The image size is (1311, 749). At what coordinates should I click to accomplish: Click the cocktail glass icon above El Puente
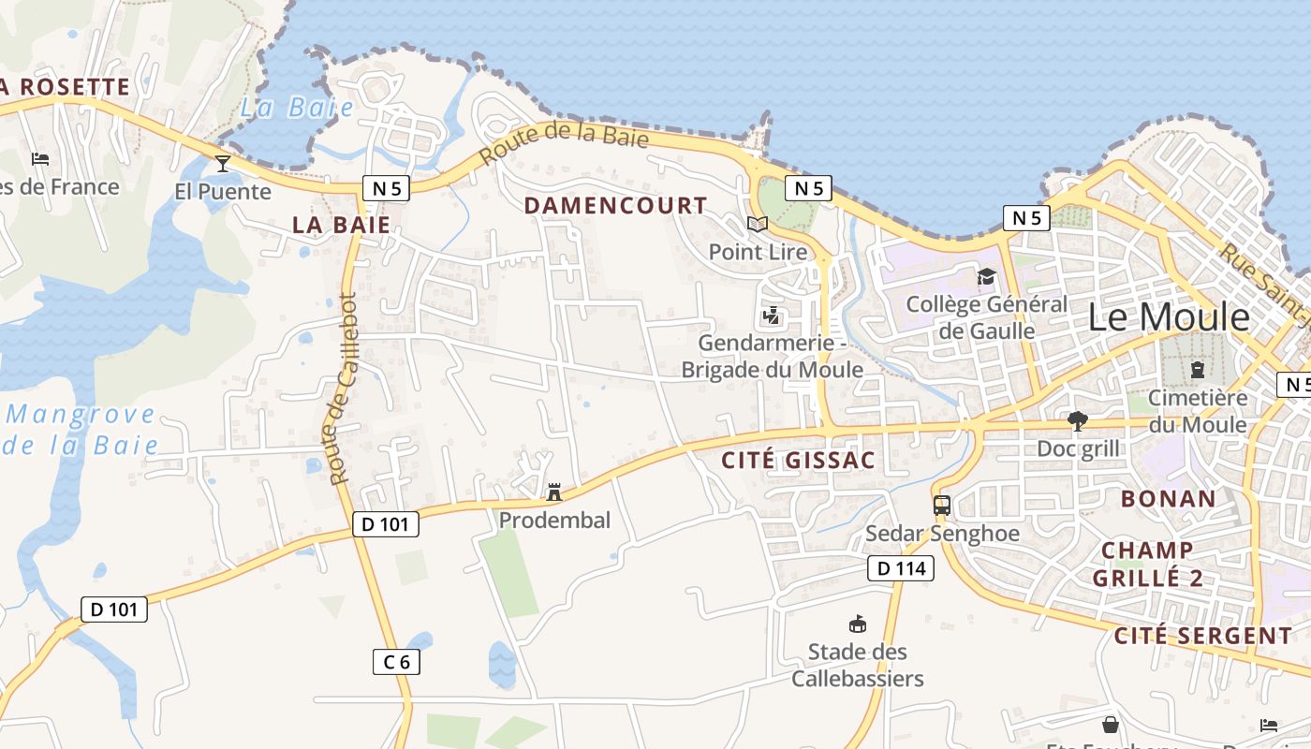(x=223, y=164)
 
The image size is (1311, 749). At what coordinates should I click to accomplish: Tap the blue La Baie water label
(x=297, y=108)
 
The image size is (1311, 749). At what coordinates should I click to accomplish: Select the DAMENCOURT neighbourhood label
(x=615, y=205)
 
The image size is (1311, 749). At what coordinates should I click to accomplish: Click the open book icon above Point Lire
(x=757, y=225)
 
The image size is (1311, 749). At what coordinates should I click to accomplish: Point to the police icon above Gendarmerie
(x=772, y=316)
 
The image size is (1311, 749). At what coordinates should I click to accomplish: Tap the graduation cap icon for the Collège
(x=986, y=276)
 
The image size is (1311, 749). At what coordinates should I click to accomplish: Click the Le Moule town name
(x=1168, y=317)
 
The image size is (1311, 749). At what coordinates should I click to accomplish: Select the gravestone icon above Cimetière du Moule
(x=1197, y=370)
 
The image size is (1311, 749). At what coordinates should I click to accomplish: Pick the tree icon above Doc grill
(x=1077, y=421)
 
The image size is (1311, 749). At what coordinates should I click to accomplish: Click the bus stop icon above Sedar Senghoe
(x=941, y=506)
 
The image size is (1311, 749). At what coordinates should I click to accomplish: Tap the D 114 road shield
(x=901, y=567)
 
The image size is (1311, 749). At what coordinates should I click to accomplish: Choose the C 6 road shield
(x=396, y=662)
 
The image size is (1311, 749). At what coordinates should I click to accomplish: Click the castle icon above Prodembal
(x=554, y=492)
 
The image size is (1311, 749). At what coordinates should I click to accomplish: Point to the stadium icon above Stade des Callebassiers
(x=857, y=624)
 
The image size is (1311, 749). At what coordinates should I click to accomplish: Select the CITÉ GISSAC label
(x=799, y=460)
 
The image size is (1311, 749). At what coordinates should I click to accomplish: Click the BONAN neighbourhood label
(x=1168, y=498)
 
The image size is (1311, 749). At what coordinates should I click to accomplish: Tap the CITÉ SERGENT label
(x=1202, y=637)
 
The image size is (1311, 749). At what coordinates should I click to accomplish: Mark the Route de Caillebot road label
(x=344, y=389)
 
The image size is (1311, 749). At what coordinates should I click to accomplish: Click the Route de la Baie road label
(x=564, y=145)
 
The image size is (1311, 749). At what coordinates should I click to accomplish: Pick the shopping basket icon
(x=1110, y=725)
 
